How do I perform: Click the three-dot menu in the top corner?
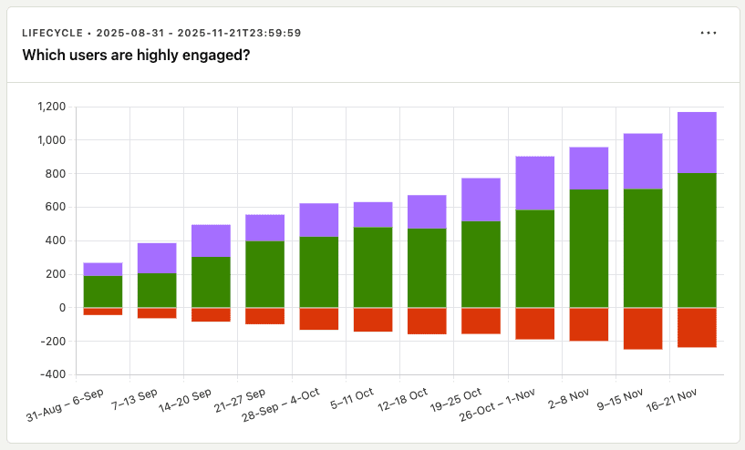pos(709,33)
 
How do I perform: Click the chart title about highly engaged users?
pos(136,56)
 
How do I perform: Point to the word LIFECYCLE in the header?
pos(55,33)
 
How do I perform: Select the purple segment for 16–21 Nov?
pos(698,142)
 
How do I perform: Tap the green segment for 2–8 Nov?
pos(589,248)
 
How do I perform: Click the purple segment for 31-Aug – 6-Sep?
pos(103,269)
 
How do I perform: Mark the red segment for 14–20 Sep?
pos(211,314)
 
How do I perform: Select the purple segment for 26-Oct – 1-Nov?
pos(535,183)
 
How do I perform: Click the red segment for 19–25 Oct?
pos(481,321)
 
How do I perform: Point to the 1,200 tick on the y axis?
pos(51,107)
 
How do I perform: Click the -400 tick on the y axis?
pos(53,374)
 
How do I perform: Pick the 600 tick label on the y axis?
pos(57,207)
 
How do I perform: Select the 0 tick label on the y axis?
pos(62,308)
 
